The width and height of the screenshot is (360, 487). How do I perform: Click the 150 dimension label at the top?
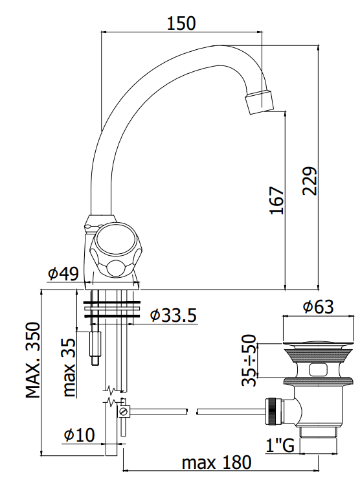181,23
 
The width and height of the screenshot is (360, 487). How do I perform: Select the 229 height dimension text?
310,181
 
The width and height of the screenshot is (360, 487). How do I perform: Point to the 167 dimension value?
276,200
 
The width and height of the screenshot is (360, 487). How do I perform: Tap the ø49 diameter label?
63,273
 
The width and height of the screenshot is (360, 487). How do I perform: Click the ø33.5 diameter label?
174,315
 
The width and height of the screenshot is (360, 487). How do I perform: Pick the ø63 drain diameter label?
319,307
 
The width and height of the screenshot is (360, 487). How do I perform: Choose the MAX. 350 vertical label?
33,360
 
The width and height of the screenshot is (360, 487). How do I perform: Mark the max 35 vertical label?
69,367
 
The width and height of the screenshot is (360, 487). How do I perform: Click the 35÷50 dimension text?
249,360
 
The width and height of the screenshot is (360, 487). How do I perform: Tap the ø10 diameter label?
79,435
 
